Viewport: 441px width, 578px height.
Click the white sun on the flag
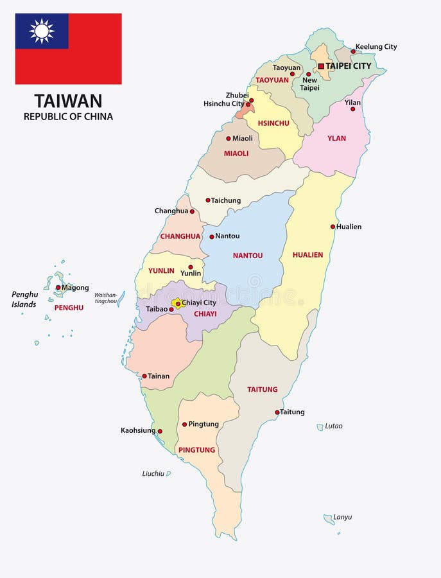42,31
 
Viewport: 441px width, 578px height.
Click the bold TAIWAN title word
68,101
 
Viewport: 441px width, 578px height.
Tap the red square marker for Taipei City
321,66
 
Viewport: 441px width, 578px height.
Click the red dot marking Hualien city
333,226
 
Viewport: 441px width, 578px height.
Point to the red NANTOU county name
247,255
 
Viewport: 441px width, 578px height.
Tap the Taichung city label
225,200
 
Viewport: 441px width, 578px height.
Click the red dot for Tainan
144,376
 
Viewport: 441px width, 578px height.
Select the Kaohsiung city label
138,430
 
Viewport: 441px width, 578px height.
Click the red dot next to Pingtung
184,424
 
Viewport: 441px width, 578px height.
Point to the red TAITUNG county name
263,389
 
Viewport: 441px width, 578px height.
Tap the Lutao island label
334,426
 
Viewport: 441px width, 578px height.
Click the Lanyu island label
343,517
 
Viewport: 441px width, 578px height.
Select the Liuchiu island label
153,473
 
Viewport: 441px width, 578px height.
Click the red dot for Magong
58,288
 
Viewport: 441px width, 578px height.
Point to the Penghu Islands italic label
25,299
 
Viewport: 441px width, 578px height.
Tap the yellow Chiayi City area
178,303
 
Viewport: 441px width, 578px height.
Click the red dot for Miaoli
228,138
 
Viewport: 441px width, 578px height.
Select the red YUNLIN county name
161,270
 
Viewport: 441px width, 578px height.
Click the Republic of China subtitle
68,116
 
